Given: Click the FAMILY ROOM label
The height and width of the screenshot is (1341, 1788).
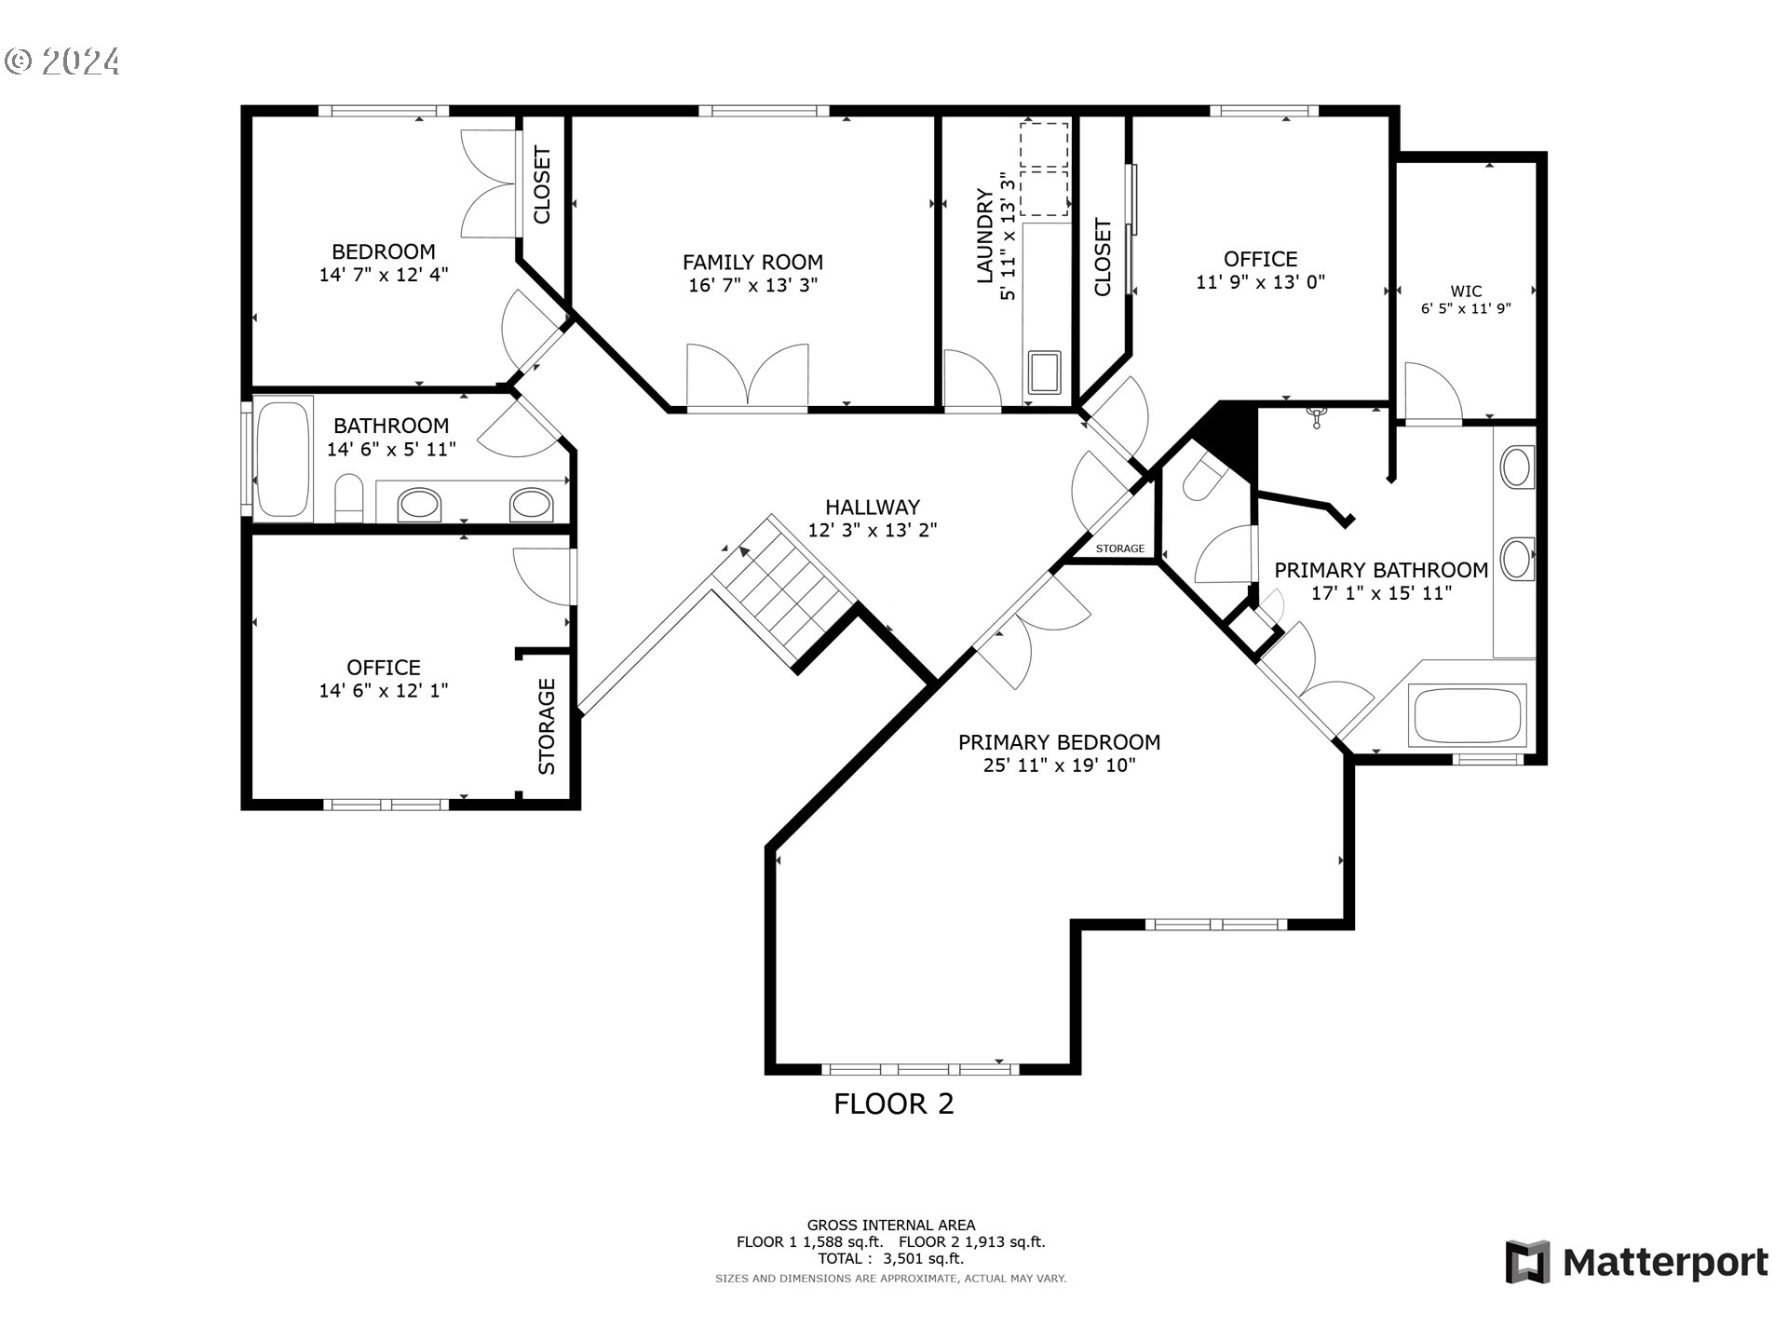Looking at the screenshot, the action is [x=752, y=263].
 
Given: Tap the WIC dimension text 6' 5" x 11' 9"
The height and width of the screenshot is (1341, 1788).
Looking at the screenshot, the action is [x=1466, y=309].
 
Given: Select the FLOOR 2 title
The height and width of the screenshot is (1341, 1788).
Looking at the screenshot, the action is [x=894, y=1104].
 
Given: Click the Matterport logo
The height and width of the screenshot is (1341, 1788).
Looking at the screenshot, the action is [x=1636, y=1263].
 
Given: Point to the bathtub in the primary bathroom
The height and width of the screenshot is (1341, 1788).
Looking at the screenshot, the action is [x=1467, y=715].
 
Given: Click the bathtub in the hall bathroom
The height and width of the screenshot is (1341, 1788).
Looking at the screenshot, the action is [x=284, y=459].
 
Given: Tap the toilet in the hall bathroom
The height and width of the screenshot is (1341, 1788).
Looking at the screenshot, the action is [x=348, y=498].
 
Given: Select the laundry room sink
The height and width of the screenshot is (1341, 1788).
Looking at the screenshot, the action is [x=1044, y=372].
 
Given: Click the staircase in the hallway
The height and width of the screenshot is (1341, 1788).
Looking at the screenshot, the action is [x=783, y=589].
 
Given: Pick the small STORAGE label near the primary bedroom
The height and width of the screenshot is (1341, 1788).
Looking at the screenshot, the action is [x=1120, y=549].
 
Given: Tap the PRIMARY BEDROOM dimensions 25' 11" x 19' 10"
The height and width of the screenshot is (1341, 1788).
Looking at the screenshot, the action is [x=1059, y=766].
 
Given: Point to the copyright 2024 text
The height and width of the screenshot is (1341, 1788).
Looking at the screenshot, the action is [x=62, y=61].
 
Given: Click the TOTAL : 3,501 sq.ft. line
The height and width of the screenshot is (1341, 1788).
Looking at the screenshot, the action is [x=891, y=1259].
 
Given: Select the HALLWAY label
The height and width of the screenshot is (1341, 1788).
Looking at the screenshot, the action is [x=873, y=508].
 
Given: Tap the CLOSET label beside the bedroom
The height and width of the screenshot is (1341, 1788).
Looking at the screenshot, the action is [x=542, y=185].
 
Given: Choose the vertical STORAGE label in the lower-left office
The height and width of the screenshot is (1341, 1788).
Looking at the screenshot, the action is [x=547, y=726].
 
